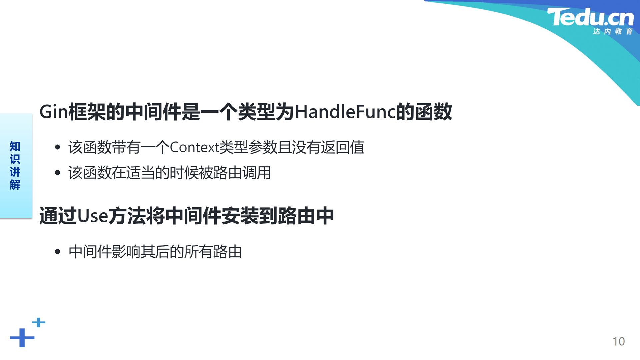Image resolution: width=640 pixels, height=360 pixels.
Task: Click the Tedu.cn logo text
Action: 590,17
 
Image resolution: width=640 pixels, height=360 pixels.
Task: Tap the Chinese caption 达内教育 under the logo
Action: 613,31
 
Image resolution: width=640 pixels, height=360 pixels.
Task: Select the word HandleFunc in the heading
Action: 345,112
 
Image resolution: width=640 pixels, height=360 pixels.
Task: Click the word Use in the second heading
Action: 93,216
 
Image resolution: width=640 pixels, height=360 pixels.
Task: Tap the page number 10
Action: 619,341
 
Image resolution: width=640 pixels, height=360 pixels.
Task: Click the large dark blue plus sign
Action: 22,338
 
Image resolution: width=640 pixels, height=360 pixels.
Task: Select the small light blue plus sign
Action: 38,322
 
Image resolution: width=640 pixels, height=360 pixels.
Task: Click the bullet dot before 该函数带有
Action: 58,147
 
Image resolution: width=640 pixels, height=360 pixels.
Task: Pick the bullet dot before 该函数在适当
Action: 58,173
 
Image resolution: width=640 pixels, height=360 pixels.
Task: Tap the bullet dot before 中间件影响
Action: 58,252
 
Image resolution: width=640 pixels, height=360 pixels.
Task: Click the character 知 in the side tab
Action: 15,146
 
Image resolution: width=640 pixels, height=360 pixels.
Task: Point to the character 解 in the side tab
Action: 15,185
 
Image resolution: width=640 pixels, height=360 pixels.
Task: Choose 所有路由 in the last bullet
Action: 213,252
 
